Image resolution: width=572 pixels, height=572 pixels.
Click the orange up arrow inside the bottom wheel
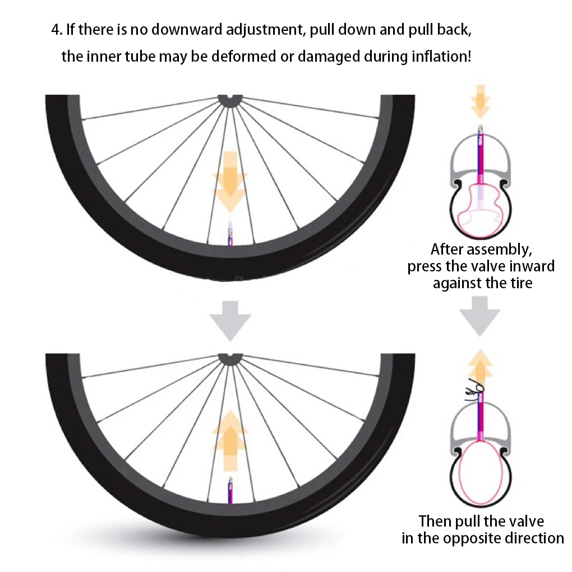(229, 440)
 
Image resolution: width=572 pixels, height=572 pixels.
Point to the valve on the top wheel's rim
(229, 233)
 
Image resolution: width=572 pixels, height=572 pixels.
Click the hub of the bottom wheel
(229, 358)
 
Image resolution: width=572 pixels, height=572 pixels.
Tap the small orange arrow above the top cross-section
(481, 101)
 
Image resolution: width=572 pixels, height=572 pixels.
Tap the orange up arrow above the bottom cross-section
(481, 365)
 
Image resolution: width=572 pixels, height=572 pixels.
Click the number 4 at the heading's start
(56, 29)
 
